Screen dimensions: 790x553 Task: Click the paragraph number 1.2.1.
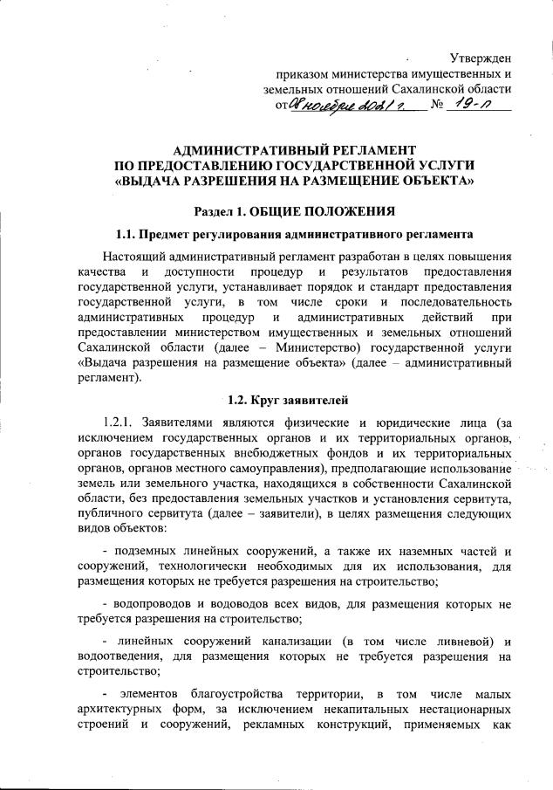[x=118, y=424]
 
